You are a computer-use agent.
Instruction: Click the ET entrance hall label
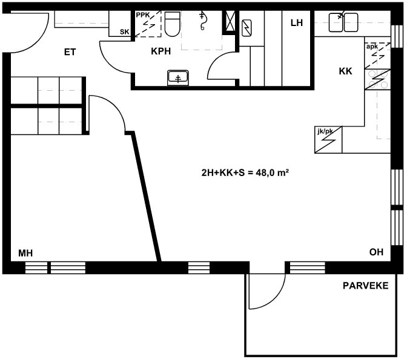click(x=70, y=52)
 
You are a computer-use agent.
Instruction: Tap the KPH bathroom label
click(x=161, y=51)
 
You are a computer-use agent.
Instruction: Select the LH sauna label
click(x=297, y=23)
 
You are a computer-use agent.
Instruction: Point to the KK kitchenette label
click(x=345, y=71)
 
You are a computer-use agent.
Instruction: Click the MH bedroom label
click(x=25, y=253)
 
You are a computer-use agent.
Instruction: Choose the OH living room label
click(x=376, y=252)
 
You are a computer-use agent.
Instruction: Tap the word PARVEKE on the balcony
click(x=365, y=286)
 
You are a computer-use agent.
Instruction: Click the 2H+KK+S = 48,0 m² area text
click(x=245, y=172)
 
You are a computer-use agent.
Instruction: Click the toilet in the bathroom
click(x=173, y=24)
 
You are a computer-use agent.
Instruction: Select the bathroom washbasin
click(x=178, y=77)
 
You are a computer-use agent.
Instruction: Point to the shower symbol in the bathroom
click(x=202, y=21)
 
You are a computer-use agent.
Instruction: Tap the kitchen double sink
click(x=343, y=22)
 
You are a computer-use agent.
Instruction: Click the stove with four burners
click(x=377, y=80)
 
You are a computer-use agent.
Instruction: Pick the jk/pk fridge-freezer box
click(x=328, y=140)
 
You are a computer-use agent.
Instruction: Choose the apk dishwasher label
click(x=372, y=47)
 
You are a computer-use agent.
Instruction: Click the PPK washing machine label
click(x=143, y=15)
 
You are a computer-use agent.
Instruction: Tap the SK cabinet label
click(x=124, y=32)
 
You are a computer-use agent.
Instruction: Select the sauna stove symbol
click(x=247, y=28)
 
